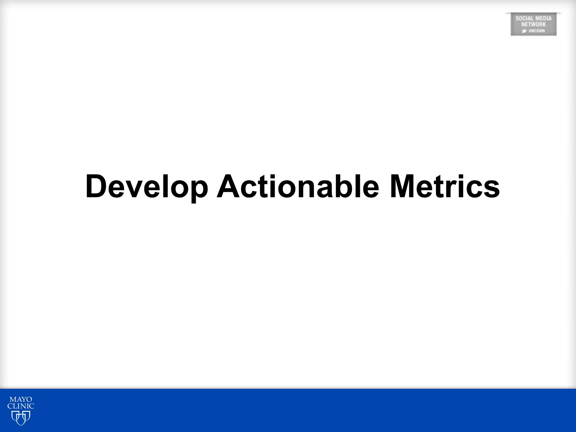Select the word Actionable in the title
[x=298, y=186]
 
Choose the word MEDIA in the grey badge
[x=543, y=19]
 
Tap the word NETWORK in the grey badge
[x=534, y=24]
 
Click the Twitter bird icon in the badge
[x=524, y=31]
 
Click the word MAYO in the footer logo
[x=21, y=400]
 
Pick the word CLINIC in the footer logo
[x=21, y=406]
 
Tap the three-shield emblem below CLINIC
[x=21, y=417]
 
